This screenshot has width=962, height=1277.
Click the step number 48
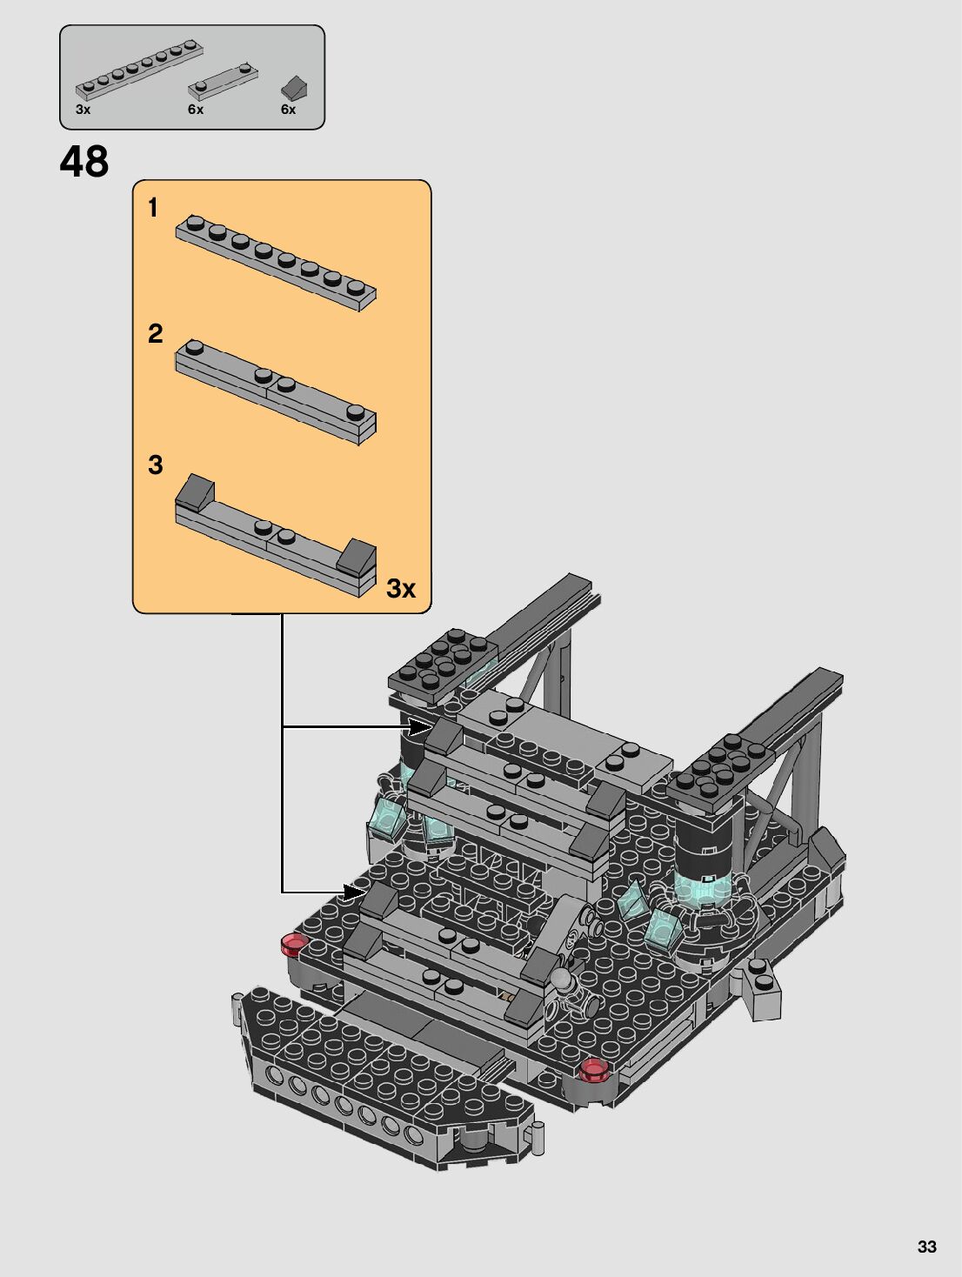point(84,162)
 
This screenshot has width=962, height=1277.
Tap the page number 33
point(926,1247)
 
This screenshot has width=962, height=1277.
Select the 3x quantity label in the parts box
point(83,110)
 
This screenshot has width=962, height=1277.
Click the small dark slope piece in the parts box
point(294,87)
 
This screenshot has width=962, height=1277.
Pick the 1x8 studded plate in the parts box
point(139,68)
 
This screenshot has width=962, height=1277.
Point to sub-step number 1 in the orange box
point(153,208)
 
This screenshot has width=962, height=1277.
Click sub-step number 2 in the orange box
point(155,333)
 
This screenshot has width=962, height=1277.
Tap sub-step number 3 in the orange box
point(155,465)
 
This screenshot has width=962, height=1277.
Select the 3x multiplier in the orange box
point(400,588)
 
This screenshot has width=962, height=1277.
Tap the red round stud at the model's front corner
point(593,1069)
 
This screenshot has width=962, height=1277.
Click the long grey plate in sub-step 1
point(275,262)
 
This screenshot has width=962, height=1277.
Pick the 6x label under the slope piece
point(288,110)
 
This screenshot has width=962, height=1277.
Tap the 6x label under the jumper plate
point(196,110)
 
